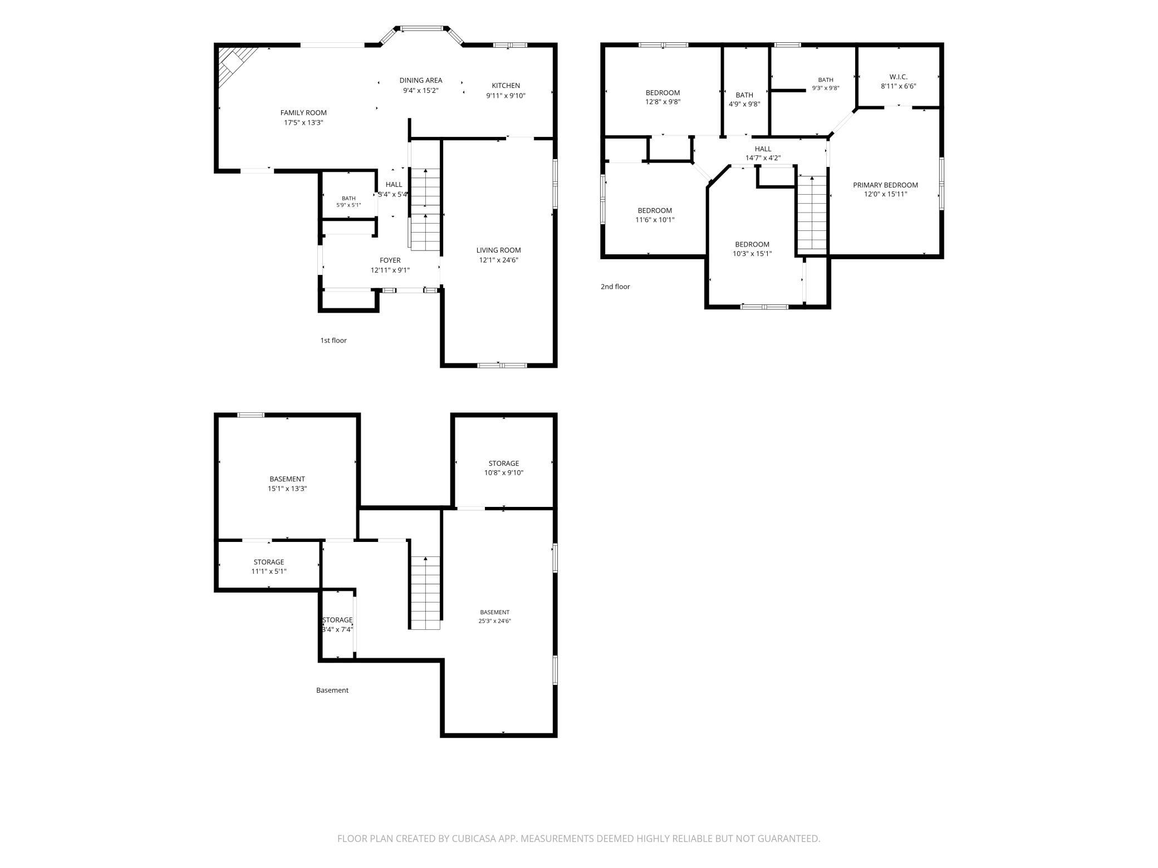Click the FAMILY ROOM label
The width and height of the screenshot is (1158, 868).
coord(303,113)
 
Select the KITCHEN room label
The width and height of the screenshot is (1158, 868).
coord(506,86)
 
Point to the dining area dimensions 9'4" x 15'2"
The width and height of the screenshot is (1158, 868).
coord(421,90)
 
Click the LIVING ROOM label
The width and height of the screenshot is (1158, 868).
coord(498,250)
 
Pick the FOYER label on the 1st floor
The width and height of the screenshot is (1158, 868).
coord(390,260)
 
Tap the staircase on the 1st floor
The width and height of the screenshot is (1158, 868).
coord(426,209)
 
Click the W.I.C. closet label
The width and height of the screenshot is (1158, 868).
coord(898,77)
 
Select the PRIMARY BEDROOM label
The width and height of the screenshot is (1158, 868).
coord(885,185)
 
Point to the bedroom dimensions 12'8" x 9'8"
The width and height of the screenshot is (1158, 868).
coord(663,102)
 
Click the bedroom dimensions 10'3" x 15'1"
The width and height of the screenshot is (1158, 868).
coord(752,254)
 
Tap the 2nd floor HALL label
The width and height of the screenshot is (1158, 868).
coord(763,149)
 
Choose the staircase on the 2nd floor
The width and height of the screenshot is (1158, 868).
coord(812,213)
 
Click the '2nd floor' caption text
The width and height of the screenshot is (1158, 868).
coord(615,287)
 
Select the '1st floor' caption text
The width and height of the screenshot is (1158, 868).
coord(333,341)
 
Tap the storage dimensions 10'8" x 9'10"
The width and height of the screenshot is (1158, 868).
coord(503,473)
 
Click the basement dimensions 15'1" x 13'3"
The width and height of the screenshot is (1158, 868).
coord(287,489)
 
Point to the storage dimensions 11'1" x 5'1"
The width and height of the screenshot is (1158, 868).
coord(269,571)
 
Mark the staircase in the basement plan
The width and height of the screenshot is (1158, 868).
coord(425,593)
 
